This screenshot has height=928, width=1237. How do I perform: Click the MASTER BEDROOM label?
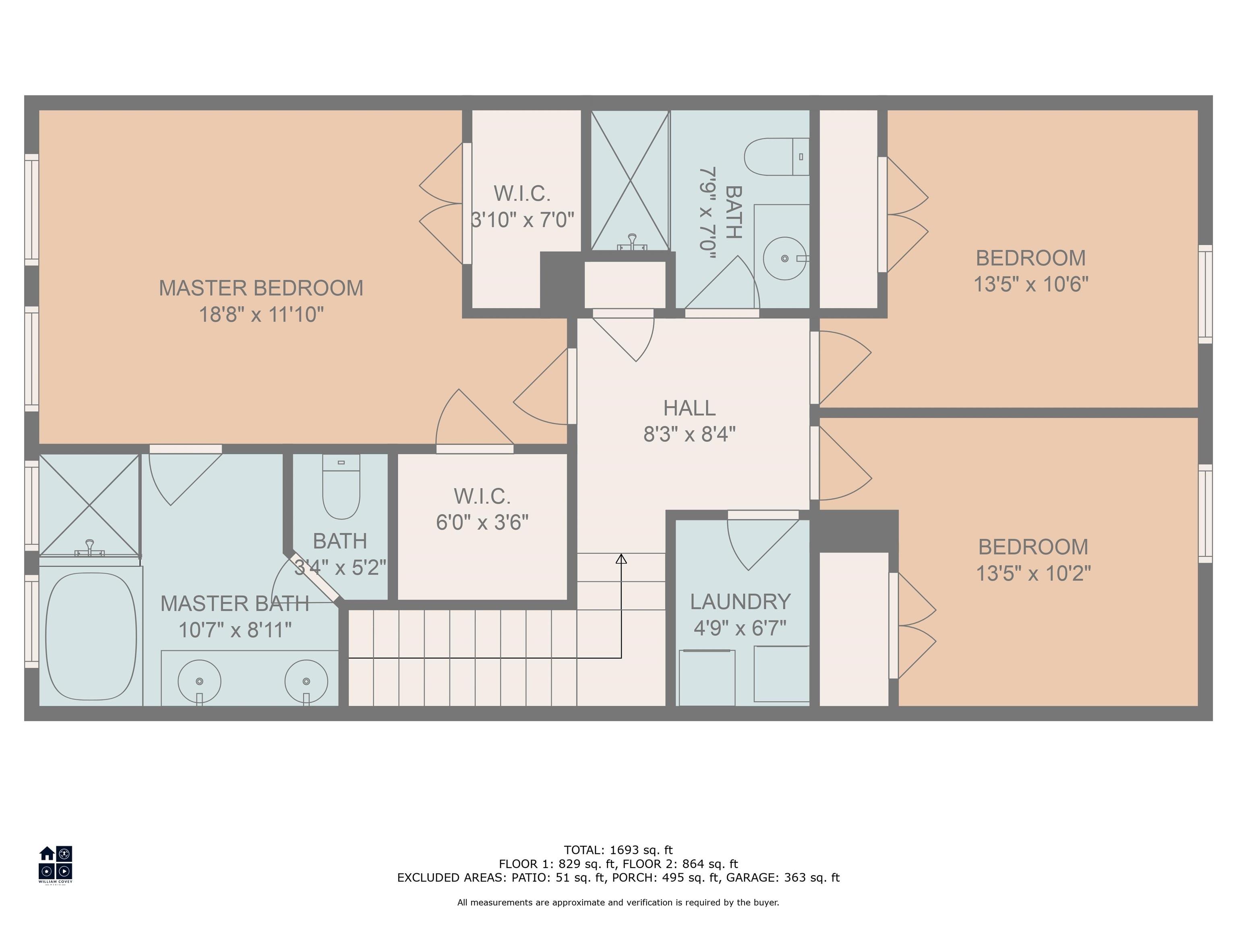tap(261, 288)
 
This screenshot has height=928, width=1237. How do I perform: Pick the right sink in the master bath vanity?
tap(306, 681)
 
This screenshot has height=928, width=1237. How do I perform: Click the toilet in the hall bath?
tap(777, 157)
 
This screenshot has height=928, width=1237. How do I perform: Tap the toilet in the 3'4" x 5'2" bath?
tap(341, 487)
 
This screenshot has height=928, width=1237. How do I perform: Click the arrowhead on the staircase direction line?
tap(621, 558)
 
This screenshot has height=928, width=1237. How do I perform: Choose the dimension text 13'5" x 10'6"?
tap(1031, 284)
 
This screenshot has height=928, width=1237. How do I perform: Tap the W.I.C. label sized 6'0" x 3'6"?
tap(482, 496)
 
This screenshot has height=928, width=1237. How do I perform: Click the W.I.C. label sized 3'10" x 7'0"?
tap(522, 194)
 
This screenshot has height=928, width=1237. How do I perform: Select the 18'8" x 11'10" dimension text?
tap(261, 314)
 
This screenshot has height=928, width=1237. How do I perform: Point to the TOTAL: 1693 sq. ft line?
tap(618, 850)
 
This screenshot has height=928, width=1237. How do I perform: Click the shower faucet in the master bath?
tap(89, 548)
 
